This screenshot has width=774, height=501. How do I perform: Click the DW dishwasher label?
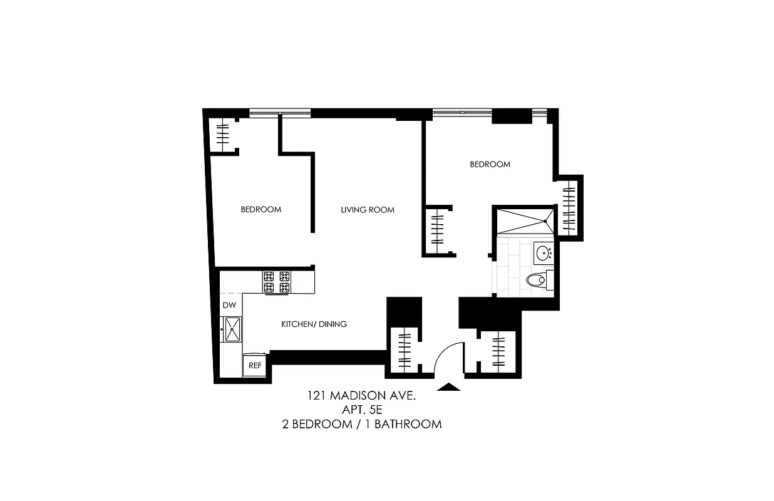229,306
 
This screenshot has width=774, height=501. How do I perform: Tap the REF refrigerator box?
255,365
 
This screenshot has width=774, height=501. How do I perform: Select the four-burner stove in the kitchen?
277,282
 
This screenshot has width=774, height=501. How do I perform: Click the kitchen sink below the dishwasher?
232,329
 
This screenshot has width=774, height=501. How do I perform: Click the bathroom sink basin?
543,254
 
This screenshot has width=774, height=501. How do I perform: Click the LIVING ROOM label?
368,210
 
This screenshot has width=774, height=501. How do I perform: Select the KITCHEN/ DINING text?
314,324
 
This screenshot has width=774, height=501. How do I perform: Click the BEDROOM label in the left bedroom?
261,210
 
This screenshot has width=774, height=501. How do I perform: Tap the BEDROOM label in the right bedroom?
490,165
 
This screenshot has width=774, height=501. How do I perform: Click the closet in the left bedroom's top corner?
224,134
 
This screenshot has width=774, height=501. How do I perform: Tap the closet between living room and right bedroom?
438,230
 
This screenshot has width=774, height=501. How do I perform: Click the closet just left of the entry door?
406,349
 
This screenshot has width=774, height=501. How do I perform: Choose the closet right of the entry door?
498,352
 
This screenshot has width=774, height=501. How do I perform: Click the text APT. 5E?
361,410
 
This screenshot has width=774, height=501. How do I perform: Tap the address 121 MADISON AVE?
361,396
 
